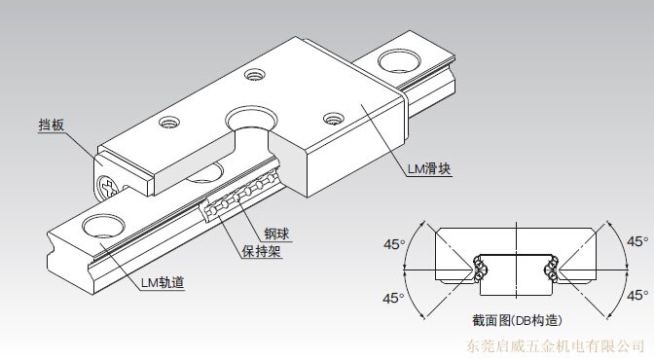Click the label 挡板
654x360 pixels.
tap(52, 125)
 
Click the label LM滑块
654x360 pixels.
tap(429, 169)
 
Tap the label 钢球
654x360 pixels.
tap(276, 234)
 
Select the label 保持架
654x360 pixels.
tap(262, 251)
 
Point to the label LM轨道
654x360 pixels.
tap(163, 282)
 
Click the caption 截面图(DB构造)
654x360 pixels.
tap(517, 320)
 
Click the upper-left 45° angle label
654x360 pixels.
tap(394, 244)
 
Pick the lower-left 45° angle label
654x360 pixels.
tap(393, 298)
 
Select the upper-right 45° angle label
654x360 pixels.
tap(637, 241)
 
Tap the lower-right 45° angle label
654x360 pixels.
tap(637, 296)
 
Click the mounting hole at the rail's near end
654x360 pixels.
tap(103, 227)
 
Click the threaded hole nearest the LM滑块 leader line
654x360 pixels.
tap(333, 119)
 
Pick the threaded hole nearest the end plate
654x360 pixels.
tap(169, 123)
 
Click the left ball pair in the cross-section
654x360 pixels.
tap(480, 268)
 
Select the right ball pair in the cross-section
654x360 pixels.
tap(552, 268)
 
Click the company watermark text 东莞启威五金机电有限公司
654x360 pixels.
tap(555, 345)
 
